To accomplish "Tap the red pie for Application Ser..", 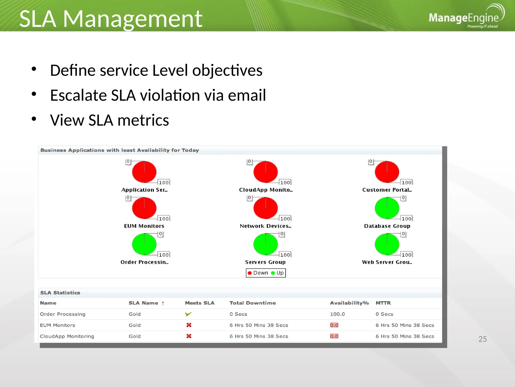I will coord(144,172).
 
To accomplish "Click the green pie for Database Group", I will coord(387,208).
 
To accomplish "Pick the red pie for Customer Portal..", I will coord(387,172).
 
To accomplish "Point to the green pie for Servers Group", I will coord(265,244).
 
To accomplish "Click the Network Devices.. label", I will coord(265,226).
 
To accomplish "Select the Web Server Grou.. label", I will coord(387,262).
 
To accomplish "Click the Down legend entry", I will coord(258,273).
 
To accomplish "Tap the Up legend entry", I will coord(278,273).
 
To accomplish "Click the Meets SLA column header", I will coord(200,303).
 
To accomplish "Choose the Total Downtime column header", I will coord(252,303).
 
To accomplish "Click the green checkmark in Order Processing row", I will coord(188,314).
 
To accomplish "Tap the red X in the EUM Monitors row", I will coord(189,325).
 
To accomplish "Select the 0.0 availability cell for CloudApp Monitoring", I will coord(334,336).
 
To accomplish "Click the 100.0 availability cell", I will coord(337,314).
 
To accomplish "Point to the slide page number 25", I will coord(482,339).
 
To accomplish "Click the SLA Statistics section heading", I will coord(60,293).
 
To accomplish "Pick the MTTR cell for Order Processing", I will coord(384,314).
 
